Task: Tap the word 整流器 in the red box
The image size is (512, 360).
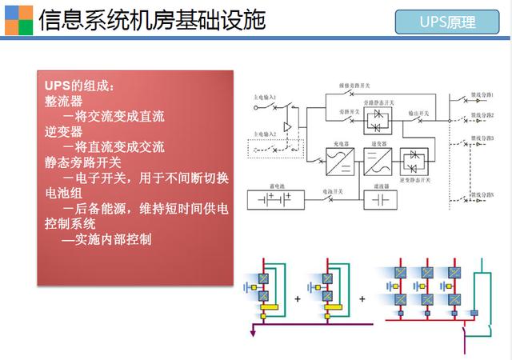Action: click(x=64, y=102)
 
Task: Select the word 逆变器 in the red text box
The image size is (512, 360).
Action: click(x=64, y=132)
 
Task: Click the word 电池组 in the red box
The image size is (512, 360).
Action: click(x=64, y=193)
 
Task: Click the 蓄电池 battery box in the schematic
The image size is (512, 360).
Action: click(x=276, y=199)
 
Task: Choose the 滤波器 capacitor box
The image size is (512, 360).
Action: click(x=378, y=199)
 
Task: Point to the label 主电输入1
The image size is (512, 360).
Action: click(x=262, y=98)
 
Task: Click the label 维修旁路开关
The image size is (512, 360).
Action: click(x=350, y=83)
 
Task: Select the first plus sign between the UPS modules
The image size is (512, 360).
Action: click(x=298, y=298)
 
